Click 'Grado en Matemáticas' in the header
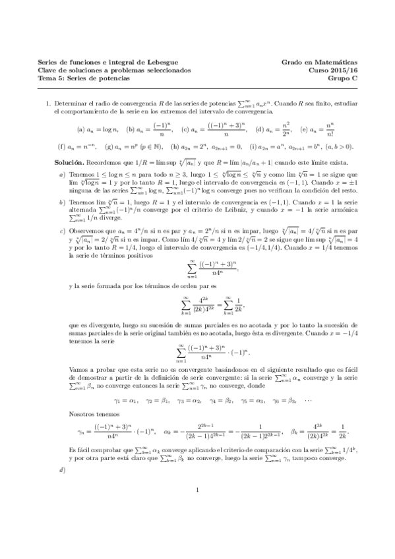pyautogui.click(x=320, y=62)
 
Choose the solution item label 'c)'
pyautogui.click(x=62, y=231)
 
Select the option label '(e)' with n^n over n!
pyautogui.click(x=305, y=129)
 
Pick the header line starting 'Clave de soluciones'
pyautogui.click(x=115, y=69)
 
